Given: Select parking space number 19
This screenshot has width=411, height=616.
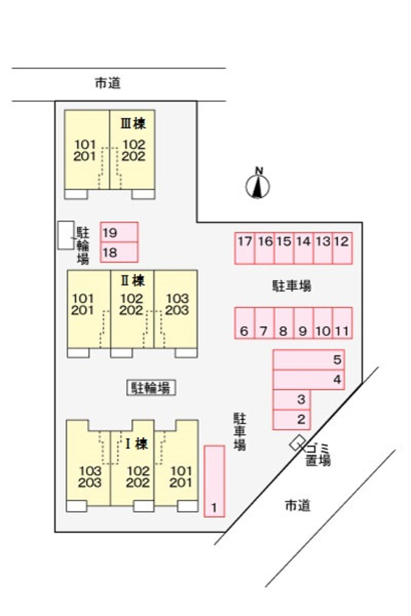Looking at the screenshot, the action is click(119, 232).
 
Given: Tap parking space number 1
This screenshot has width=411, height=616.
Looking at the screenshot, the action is click(214, 481).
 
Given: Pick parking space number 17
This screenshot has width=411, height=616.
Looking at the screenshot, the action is click(244, 248).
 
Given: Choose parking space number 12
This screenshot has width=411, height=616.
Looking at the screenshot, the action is click(342, 248).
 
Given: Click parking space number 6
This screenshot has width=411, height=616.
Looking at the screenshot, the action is click(244, 323).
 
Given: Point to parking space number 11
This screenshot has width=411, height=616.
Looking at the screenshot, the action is click(342, 323).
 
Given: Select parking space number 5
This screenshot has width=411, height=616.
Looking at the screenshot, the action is click(308, 360).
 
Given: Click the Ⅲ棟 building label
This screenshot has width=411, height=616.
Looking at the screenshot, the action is click(133, 123).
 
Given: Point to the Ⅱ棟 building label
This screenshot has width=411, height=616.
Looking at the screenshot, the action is click(133, 281).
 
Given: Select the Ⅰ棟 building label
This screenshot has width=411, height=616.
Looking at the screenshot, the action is click(137, 444).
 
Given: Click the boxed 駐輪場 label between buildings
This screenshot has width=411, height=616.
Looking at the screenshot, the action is click(151, 388).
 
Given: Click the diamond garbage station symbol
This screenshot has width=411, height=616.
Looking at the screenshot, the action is click(298, 443).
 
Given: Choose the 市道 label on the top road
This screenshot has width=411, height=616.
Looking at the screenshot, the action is click(108, 83).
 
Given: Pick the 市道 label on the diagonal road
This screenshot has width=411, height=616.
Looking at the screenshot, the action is click(298, 506).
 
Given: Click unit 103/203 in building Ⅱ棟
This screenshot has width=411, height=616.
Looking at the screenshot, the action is click(176, 310).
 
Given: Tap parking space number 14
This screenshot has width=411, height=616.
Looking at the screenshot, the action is click(303, 248).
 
